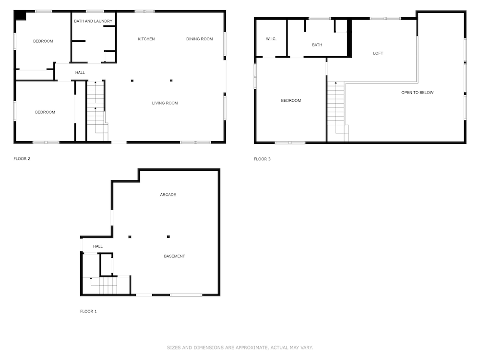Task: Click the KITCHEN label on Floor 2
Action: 146,39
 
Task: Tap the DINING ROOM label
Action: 199,39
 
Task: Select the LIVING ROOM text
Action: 165,103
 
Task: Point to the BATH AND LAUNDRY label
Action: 93,21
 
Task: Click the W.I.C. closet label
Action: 271,39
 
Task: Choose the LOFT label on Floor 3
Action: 378,53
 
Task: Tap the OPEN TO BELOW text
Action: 417,93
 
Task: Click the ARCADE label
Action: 168,195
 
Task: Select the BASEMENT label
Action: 174,256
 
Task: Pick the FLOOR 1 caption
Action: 88,312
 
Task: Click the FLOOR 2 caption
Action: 22,158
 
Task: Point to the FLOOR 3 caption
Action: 262,159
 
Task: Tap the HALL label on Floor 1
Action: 97,246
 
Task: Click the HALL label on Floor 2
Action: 80,72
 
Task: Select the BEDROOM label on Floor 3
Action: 291,100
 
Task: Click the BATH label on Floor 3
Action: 317,45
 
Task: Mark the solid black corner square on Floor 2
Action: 21,16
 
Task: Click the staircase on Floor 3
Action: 338,112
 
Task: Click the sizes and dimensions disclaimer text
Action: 240,348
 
